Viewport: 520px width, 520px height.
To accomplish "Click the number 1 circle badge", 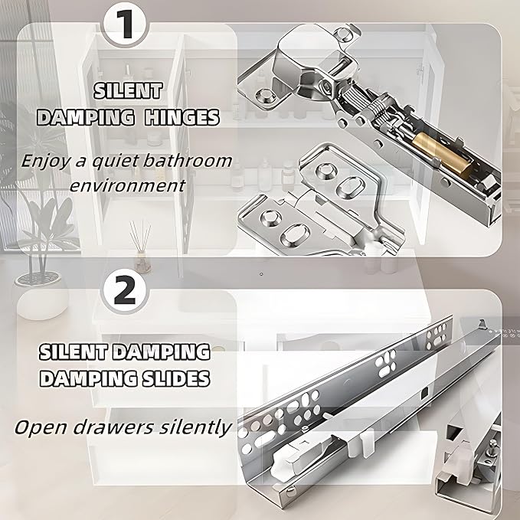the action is point(125,25).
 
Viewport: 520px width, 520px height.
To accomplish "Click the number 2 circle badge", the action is point(125,290).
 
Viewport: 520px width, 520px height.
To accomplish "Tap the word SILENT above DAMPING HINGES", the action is point(128,90).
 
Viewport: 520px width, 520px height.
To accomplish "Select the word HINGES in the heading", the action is point(182,117).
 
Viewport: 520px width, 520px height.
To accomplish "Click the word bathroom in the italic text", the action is point(188,161).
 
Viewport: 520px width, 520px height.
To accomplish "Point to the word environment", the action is point(127,185).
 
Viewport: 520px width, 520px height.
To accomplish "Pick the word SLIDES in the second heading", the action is point(176,378).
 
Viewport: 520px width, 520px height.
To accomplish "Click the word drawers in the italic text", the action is point(113,427).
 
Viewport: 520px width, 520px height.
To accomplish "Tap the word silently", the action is point(195,428).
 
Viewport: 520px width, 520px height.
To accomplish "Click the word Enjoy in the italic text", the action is point(45,162).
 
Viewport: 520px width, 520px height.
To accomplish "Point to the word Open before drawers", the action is point(41,428).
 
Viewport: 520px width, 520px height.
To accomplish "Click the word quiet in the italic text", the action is point(115,162).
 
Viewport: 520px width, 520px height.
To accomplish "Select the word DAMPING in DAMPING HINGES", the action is point(86,117).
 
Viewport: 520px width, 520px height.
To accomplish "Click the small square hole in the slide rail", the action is point(425,394).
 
